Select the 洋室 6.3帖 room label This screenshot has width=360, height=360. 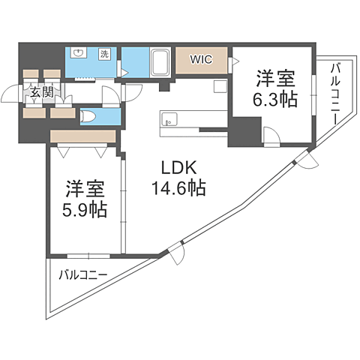[x=276, y=88]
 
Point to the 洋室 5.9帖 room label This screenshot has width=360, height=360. [x=84, y=198]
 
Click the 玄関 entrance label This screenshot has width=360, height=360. [x=41, y=93]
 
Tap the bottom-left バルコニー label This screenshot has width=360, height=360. [x=82, y=274]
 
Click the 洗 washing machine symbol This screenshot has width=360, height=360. [x=104, y=53]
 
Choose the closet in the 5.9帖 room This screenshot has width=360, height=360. [x=82, y=136]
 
